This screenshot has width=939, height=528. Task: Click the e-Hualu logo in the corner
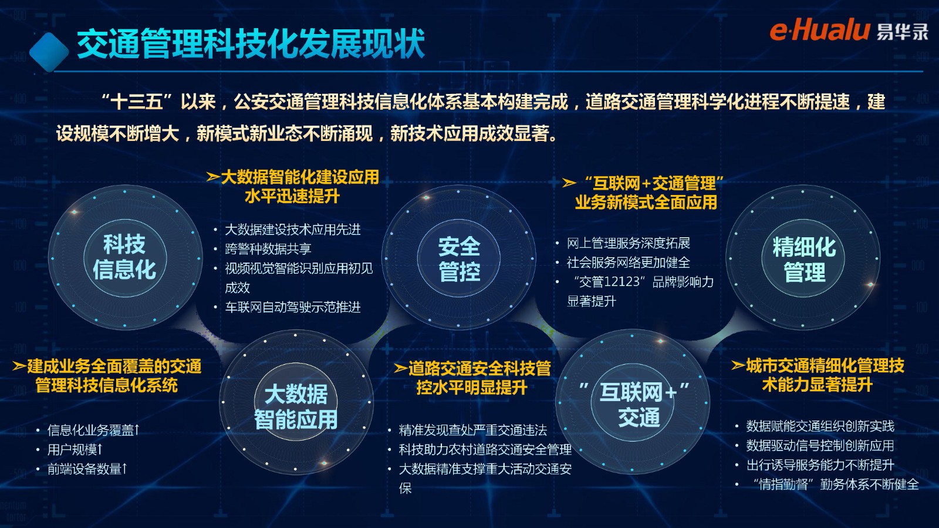849,31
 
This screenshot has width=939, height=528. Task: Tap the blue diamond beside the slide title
49,52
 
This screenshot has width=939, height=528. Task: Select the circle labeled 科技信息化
125,257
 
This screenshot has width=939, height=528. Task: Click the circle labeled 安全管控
458,258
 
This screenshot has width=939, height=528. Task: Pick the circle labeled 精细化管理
803,258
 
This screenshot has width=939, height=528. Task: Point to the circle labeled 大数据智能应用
296,403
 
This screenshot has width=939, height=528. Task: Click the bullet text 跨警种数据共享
268,249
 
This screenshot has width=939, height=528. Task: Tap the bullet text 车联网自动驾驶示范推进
293,307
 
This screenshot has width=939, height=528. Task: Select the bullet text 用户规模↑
75,449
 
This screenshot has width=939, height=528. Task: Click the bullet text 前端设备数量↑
87,469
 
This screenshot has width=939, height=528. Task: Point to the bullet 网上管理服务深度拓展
629,243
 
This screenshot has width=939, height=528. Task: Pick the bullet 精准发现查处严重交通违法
473,431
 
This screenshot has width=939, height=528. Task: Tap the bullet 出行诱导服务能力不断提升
820,465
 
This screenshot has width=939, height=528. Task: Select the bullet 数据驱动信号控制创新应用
820,446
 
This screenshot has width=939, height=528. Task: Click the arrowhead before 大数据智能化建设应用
213,177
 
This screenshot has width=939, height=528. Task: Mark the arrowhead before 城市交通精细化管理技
738,365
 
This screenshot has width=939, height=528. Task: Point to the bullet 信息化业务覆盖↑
93,431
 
